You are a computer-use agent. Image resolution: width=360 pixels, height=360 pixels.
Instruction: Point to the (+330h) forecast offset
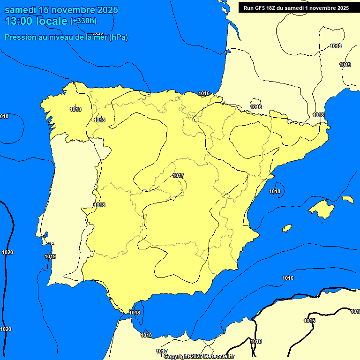[83, 21]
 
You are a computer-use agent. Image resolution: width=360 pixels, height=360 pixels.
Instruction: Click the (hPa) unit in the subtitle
[119, 37]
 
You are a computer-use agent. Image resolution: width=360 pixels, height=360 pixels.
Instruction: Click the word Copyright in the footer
[177, 357]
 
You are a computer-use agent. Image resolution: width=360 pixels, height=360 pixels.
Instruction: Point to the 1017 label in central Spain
[178, 176]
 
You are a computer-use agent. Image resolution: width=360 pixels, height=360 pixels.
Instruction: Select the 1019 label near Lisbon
[50, 256]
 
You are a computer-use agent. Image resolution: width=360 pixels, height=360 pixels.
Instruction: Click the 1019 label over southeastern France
[345, 65]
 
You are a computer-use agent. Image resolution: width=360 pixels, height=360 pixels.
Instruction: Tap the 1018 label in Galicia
[75, 109]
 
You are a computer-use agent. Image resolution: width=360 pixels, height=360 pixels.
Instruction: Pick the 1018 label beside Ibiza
[275, 191]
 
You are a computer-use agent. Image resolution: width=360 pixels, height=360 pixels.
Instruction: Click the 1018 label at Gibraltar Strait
[135, 313]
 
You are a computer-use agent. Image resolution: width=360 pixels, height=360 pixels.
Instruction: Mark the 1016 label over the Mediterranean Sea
[288, 278]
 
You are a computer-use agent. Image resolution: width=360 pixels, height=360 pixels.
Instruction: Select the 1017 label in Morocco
[162, 351]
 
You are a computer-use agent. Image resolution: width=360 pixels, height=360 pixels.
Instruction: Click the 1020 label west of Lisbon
[7, 252]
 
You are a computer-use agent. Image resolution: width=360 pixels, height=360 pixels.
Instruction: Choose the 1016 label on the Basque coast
[204, 93]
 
